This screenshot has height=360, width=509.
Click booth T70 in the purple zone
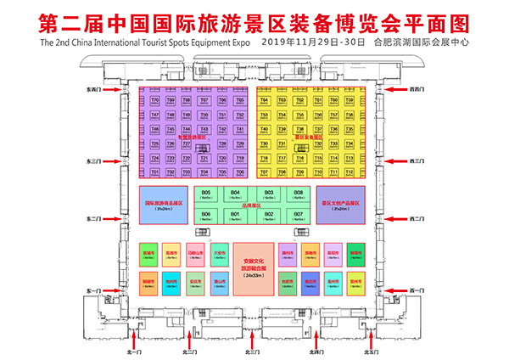154,100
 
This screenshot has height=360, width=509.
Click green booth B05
206,195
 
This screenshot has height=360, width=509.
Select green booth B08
298,195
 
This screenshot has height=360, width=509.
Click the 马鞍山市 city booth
196,255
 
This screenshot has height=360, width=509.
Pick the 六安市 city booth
220,255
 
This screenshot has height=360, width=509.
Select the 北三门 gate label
251,350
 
